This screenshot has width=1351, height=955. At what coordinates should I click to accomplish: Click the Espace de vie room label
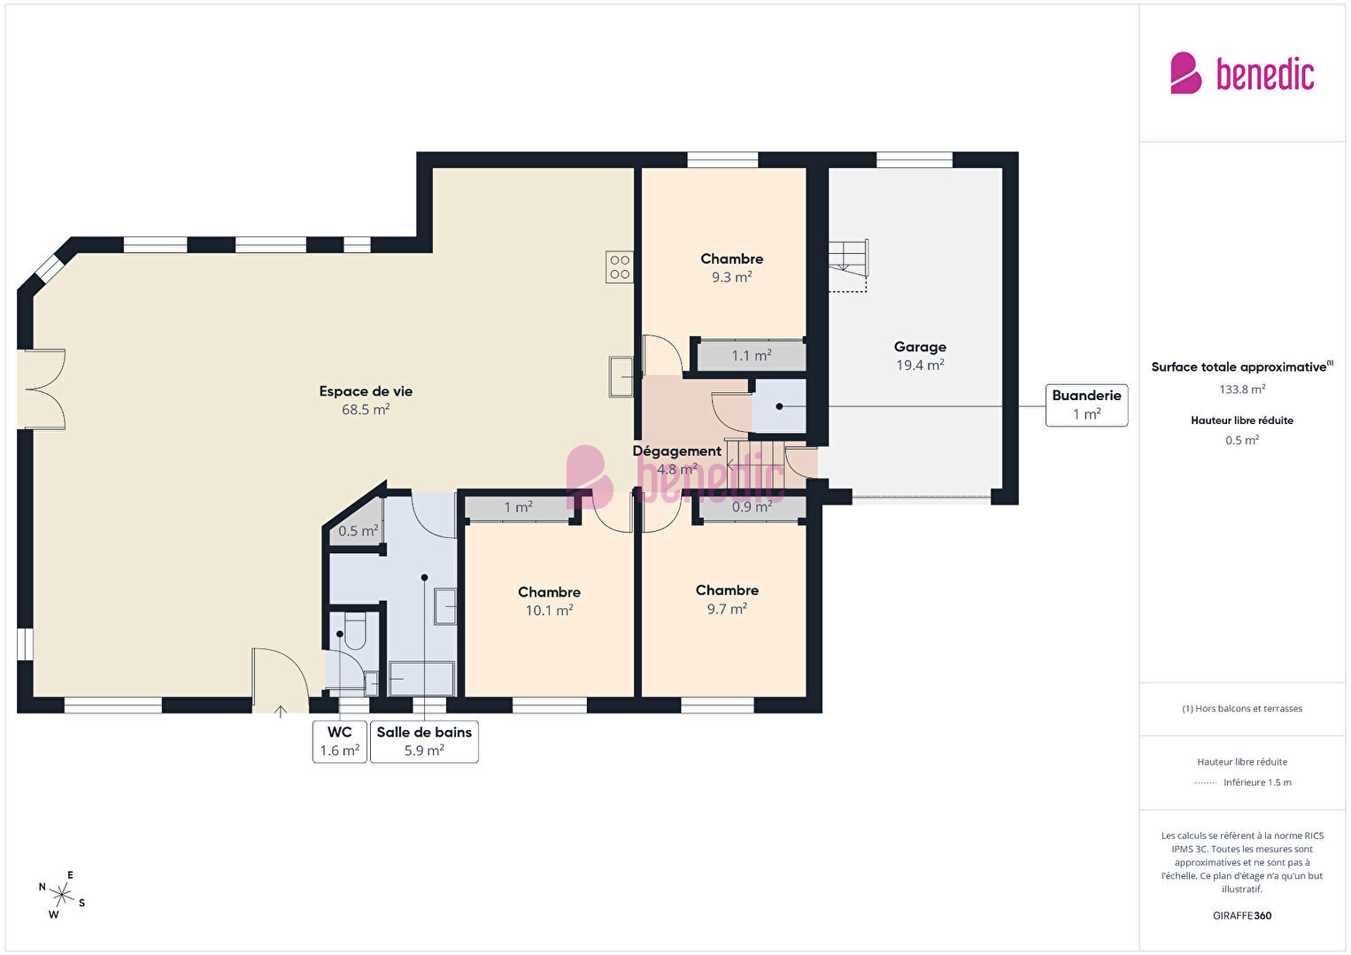click(366, 400)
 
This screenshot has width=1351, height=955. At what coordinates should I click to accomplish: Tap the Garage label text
click(920, 347)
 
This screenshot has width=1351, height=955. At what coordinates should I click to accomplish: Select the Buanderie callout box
click(1086, 405)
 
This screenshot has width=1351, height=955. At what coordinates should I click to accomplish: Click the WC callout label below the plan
click(340, 742)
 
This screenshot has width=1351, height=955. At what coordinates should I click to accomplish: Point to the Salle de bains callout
click(424, 742)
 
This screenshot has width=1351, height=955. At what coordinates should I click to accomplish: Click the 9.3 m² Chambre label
click(731, 267)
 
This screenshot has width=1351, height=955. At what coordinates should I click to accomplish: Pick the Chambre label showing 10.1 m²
click(549, 601)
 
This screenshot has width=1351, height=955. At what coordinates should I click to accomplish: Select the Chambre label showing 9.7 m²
click(727, 599)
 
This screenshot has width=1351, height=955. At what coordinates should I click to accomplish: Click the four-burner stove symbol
click(620, 267)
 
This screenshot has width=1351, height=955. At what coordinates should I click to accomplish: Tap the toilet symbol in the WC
click(355, 631)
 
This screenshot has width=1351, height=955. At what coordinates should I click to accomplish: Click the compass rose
click(61, 895)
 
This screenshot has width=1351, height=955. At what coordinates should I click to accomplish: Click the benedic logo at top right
click(1242, 73)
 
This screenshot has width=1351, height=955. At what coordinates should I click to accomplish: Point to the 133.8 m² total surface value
click(1242, 389)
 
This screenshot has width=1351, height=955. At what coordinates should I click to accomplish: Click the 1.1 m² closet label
click(752, 356)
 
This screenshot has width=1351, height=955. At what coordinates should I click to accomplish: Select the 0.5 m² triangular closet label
click(359, 530)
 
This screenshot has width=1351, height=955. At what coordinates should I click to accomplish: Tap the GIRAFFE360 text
click(1242, 915)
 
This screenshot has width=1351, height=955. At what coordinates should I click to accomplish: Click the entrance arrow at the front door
click(281, 712)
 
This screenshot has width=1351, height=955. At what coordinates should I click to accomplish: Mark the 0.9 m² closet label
click(753, 507)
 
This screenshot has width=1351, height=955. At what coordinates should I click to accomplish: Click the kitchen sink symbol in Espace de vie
click(621, 377)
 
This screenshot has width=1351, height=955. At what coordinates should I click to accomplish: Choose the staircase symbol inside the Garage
click(848, 266)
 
